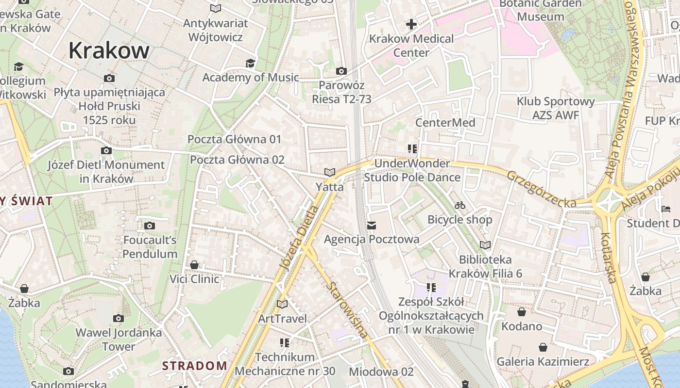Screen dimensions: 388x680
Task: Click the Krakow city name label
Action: coord(109,50)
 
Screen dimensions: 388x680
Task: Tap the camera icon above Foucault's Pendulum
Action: coord(150,226)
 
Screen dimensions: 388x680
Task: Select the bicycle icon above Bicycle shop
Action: coord(460,205)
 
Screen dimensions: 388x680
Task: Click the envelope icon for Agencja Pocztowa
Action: coord(372,225)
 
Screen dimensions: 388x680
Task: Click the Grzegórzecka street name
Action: coord(542,189)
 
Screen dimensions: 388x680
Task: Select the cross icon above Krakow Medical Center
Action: coord(411,24)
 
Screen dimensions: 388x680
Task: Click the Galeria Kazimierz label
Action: coord(543,361)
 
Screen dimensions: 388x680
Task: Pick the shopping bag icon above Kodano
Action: coord(522,312)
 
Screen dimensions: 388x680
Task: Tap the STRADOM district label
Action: coord(194,366)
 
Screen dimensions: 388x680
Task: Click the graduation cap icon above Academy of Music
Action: coord(250,64)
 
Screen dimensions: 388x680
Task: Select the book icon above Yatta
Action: coord(330,172)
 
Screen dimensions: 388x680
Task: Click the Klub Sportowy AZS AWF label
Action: coord(556,108)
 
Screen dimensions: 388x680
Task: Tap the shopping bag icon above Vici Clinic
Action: coord(194,265)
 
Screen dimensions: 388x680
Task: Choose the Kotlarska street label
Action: coord(609,258)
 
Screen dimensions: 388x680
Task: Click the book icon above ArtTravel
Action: coord(282,304)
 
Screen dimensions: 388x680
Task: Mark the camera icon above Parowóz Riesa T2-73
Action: coord(341,71)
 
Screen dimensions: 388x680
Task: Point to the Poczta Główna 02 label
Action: coord(237,160)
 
